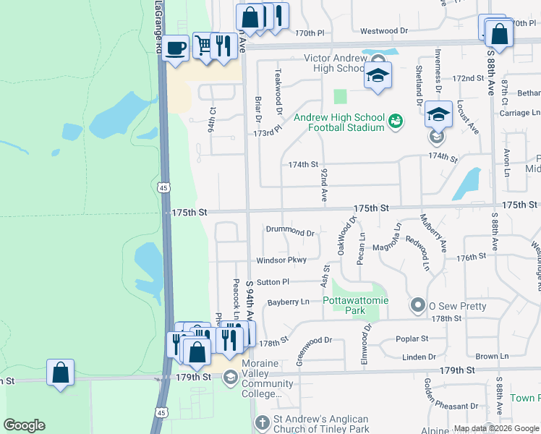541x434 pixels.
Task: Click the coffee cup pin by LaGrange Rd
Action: pyautogui.click(x=176, y=49)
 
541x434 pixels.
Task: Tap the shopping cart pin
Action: pyautogui.click(x=204, y=46)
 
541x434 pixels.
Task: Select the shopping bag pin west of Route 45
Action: pyautogui.click(x=61, y=373)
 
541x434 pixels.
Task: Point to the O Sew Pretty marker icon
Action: pyautogui.click(x=417, y=305)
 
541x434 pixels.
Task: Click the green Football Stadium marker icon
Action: pyautogui.click(x=395, y=121)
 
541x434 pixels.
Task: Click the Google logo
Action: pyautogui.click(x=24, y=425)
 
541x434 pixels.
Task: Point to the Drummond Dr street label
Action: pyautogui.click(x=290, y=234)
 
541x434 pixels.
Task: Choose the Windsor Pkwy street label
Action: pyautogui.click(x=281, y=260)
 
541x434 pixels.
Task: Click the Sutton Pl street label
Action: pyautogui.click(x=273, y=281)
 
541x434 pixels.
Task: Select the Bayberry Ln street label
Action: pyautogui.click(x=288, y=301)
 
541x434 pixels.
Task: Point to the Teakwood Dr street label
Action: pyautogui.click(x=278, y=91)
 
